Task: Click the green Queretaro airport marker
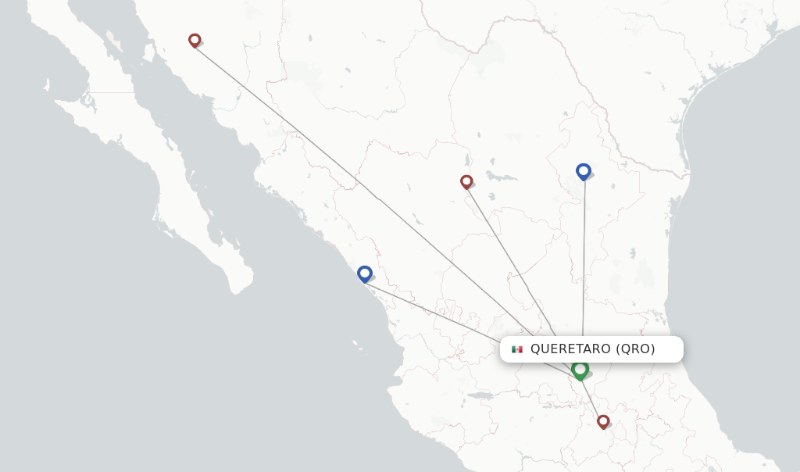coord(580,369)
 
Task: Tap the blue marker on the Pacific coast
coord(364,274)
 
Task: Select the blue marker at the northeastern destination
coord(583,171)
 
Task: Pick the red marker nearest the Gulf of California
coord(195,40)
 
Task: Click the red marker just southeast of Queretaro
coord(603,421)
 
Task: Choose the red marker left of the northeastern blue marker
coord(466,181)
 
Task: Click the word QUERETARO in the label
coord(570,349)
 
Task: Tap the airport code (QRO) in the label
coord(635,349)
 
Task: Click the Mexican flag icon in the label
coord(516,349)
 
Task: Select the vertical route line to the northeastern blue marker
coord(584,258)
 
